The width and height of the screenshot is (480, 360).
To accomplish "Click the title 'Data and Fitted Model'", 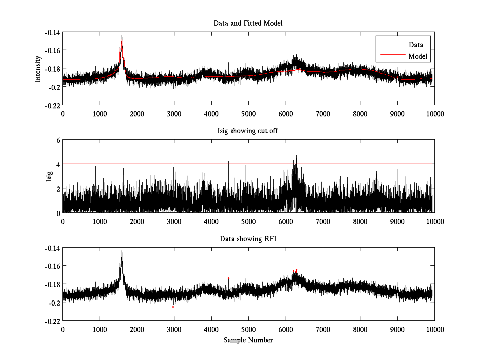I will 248,23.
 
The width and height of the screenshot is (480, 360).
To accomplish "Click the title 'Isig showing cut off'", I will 248,131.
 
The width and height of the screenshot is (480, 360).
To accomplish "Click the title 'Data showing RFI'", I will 248,239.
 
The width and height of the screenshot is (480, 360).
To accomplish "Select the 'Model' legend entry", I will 418,56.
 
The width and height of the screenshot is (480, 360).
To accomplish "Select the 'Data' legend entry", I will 416,45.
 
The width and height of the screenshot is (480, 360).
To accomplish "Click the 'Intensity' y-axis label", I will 38,68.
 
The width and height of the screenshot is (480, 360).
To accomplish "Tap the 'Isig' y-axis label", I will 49,176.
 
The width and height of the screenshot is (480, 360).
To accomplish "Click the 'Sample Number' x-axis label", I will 248,340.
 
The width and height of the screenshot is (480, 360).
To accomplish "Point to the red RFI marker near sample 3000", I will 173,307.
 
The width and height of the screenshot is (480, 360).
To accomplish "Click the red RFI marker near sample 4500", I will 228,278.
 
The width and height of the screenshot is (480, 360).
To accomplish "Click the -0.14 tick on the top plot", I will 52,32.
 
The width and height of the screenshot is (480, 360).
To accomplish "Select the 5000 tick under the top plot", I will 248,114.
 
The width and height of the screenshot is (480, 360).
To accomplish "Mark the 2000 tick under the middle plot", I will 137,221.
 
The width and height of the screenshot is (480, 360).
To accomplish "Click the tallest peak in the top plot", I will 122,36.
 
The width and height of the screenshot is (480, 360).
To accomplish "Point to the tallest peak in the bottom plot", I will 122,251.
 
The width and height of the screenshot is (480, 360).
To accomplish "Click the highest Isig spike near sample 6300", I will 296,156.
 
